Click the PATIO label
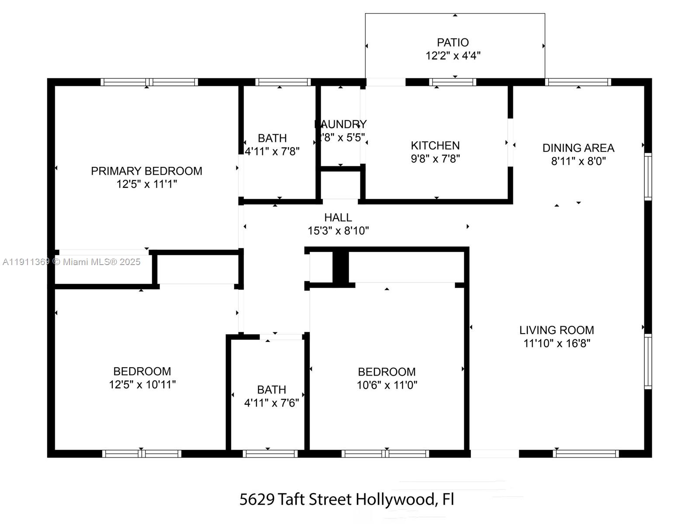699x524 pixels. pos(453,42)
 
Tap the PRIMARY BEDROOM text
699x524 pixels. pos(146,171)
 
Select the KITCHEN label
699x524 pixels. pos(435,145)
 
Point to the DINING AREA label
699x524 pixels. pos(578,148)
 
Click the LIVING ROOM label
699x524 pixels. pos(556,330)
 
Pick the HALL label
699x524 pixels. pos(338,217)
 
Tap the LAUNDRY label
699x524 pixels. pos(341,124)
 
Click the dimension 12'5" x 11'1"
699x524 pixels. pos(146,184)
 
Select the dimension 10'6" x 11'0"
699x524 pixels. pos(387,385)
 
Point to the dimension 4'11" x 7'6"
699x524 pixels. pos(271,403)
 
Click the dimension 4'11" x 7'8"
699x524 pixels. pos(272,152)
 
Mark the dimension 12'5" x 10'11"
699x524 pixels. pos(142,384)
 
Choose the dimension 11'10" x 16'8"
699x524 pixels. pos(557,343)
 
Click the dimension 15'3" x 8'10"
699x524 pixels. pos(338,231)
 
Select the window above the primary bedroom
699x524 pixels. pos(149,82)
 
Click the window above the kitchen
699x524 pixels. pos(452,82)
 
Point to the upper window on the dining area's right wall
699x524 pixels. pos(648,177)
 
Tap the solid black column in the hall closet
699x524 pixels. pos(340,268)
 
